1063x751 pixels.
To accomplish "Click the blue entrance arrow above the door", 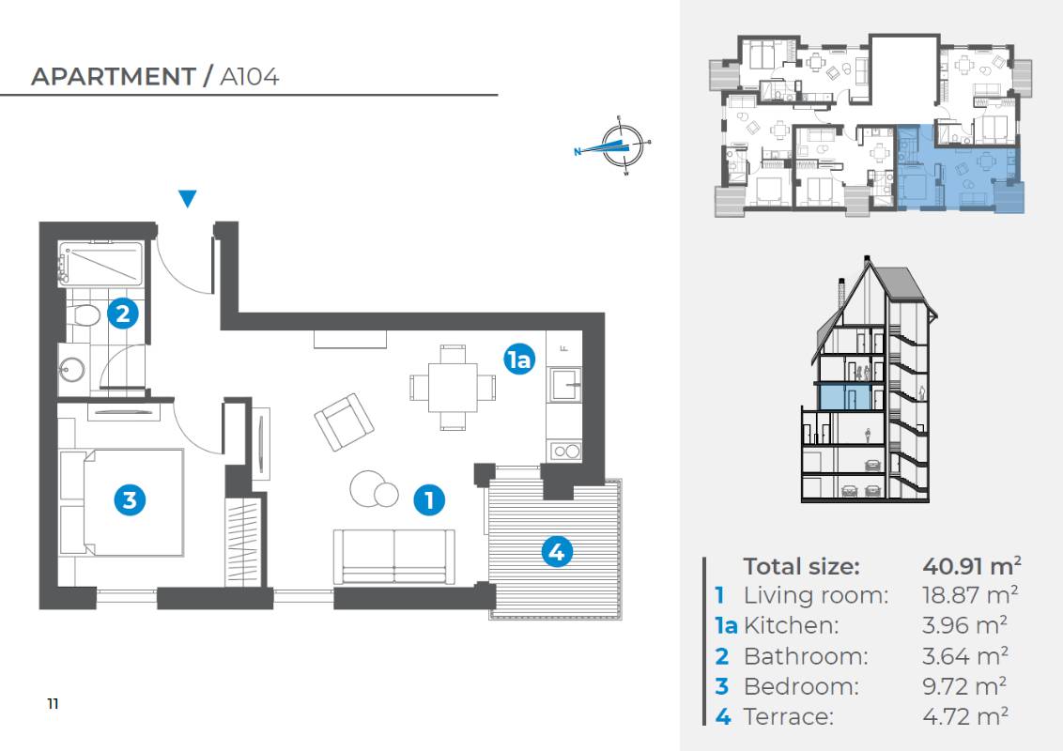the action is pyautogui.click(x=188, y=198).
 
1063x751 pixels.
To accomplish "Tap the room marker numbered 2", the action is pyautogui.click(x=123, y=314).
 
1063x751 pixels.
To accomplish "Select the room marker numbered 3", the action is pyautogui.click(x=130, y=500).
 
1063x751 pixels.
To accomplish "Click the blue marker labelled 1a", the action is pyautogui.click(x=519, y=360).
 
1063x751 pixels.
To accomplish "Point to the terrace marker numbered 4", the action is pyautogui.click(x=557, y=552).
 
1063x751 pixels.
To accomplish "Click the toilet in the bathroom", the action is pyautogui.click(x=85, y=314).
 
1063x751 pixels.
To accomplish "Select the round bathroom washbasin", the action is pyautogui.click(x=71, y=370).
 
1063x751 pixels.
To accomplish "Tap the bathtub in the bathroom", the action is pyautogui.click(x=101, y=263).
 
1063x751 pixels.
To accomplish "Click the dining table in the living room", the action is pyautogui.click(x=453, y=388).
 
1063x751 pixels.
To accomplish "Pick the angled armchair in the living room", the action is pyautogui.click(x=345, y=421).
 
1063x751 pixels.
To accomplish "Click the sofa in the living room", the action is pyautogui.click(x=393, y=557).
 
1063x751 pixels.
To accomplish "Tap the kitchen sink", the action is pyautogui.click(x=565, y=386).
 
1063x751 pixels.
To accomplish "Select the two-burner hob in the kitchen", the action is pyautogui.click(x=565, y=451).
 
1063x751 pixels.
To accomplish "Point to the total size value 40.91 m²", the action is pyautogui.click(x=972, y=565).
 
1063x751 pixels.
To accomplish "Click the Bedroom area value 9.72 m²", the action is pyautogui.click(x=964, y=686).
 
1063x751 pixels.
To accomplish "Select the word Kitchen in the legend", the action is pyautogui.click(x=791, y=625).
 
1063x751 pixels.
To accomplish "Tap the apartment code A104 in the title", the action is pyautogui.click(x=250, y=77).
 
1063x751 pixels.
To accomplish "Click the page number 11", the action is pyautogui.click(x=53, y=703).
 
